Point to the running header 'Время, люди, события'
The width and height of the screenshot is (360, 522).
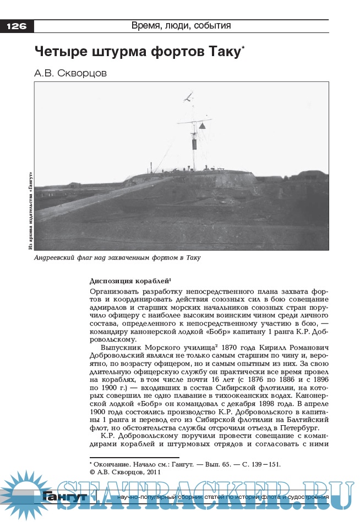click(x=181, y=26)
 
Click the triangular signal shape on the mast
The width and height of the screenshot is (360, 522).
click(x=202, y=126)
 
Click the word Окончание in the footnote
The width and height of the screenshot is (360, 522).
click(x=112, y=464)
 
